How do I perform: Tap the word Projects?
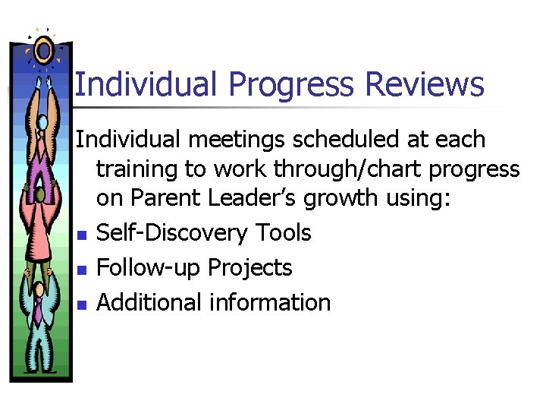pos(250,268)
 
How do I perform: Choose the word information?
pos(270,302)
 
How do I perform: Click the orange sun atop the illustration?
pos(43,50)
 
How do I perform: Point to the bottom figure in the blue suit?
pos(38,319)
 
